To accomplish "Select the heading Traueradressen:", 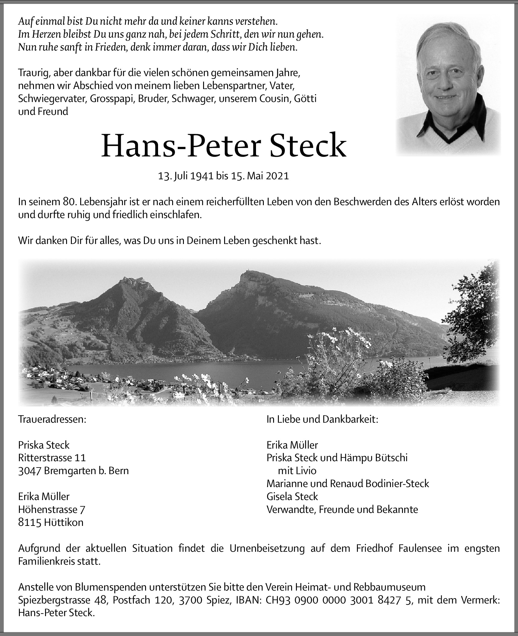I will [52, 419].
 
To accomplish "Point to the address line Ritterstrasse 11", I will [52, 458].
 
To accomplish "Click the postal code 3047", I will [30, 471].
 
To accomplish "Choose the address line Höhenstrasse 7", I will [52, 509].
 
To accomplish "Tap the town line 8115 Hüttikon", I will [51, 522].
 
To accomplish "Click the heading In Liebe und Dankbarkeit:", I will [322, 419].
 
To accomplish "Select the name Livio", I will [306, 471].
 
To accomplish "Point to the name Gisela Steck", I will [292, 496].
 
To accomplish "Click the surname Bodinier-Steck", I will [397, 483].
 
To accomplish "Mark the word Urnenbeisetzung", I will [267, 548].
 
